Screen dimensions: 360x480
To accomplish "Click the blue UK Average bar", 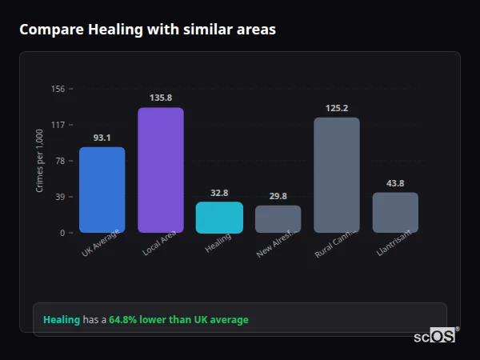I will tap(102, 190).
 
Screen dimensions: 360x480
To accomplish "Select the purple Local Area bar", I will tap(161, 170).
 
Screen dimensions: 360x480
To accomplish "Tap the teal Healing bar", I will tap(219, 217).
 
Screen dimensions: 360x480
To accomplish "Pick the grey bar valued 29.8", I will tap(278, 218).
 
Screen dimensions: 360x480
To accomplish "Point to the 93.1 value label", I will tap(102, 138).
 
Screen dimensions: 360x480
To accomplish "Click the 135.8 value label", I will tap(161, 98).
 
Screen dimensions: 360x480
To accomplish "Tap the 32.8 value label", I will tap(219, 193).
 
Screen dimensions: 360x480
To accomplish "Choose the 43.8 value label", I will tap(395, 183).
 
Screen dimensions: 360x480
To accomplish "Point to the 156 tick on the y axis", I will tap(58, 89).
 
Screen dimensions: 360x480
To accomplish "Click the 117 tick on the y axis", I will tap(58, 125).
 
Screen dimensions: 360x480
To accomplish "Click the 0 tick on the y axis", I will tap(62, 233).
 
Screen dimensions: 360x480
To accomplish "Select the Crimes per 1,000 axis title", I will tap(40, 161).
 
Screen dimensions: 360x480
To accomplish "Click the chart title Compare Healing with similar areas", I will tap(147, 30).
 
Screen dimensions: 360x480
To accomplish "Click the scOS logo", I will tap(435, 336).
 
